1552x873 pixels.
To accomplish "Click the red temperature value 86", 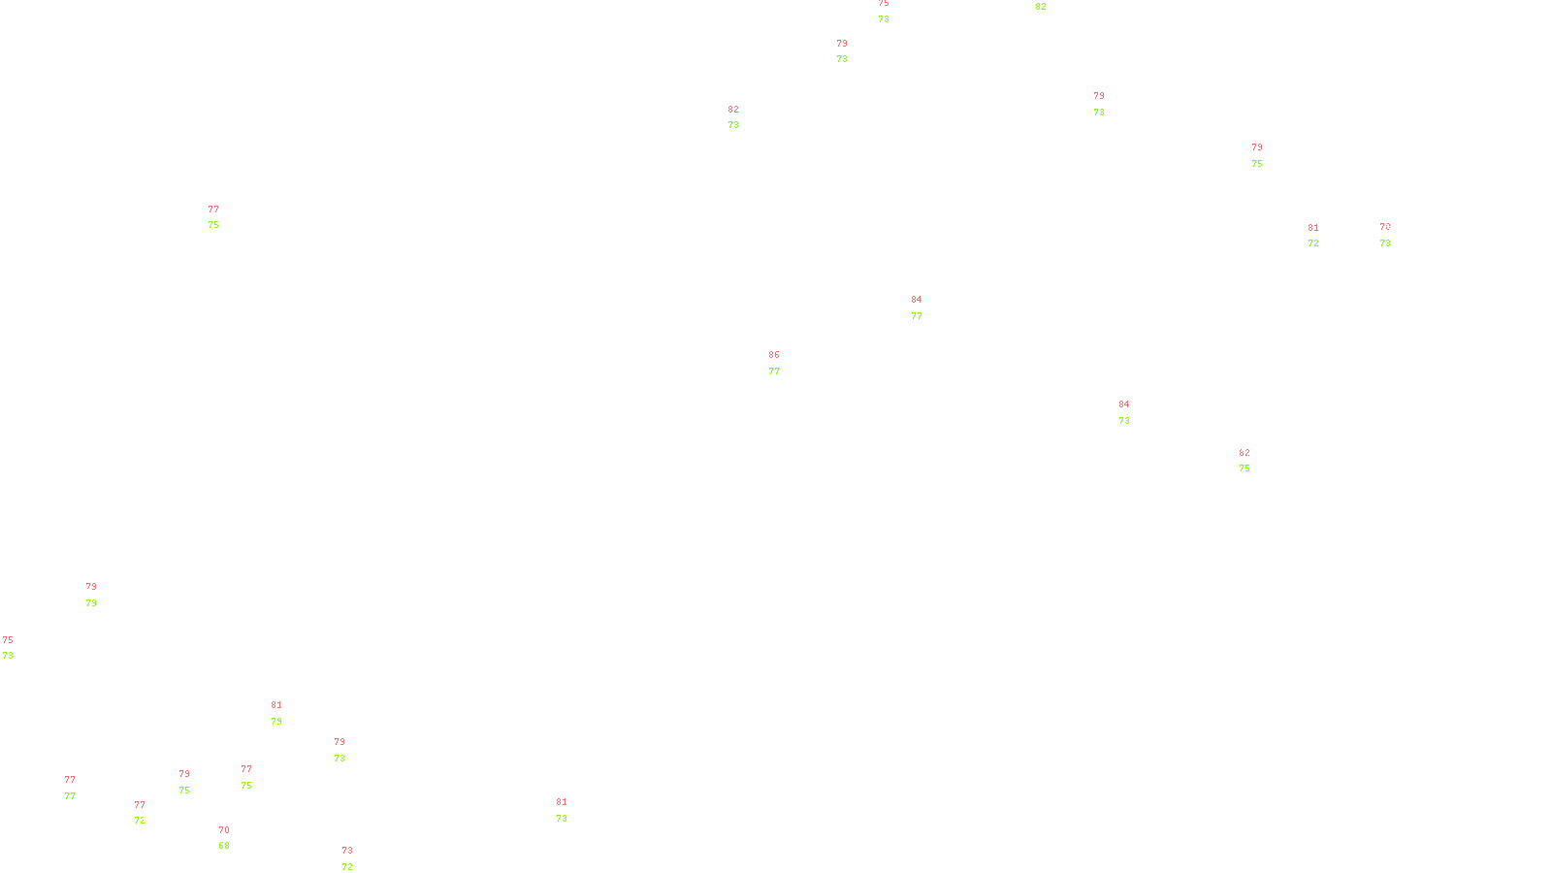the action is tap(774, 355).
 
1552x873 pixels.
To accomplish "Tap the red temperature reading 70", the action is tap(224, 830).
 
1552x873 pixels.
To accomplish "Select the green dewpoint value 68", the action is tap(224, 846).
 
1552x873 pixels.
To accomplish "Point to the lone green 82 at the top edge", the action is tap(1041, 7).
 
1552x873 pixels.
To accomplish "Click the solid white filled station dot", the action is tap(356, 859).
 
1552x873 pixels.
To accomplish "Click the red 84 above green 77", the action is tap(917, 300).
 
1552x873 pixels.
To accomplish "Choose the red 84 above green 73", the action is tap(1124, 404).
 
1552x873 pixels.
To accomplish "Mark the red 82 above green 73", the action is tap(733, 110).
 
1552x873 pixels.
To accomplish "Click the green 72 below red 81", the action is tap(1313, 243).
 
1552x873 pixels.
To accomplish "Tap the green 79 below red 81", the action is tap(276, 722).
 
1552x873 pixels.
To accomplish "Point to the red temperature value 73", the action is tap(347, 851).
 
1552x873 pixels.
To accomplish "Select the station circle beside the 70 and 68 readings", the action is tap(233, 838).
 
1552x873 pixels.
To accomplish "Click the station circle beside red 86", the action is tap(784, 363).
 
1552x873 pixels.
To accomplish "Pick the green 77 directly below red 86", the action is tap(774, 372).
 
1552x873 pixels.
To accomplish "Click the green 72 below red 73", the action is tap(347, 867).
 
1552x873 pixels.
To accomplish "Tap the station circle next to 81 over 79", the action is tap(286, 713).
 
